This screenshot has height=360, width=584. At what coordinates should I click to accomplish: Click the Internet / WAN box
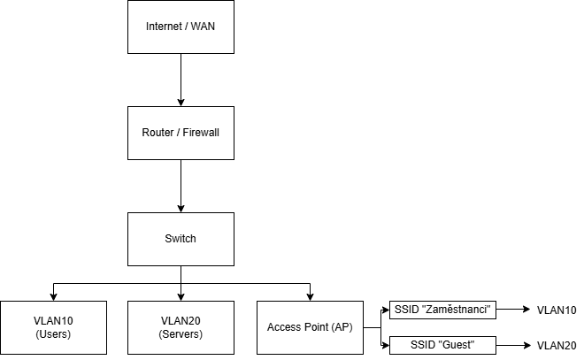coord(181,27)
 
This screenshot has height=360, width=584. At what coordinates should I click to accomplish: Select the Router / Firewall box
coord(181,133)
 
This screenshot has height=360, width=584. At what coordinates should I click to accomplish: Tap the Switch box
coord(181,239)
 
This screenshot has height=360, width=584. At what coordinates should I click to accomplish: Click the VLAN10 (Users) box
coord(53,327)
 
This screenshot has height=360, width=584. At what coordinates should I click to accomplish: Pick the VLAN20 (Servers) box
coord(181,327)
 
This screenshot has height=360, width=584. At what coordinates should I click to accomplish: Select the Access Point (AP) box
coord(310,327)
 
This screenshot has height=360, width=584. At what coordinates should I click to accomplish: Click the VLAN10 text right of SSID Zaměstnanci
coord(557,310)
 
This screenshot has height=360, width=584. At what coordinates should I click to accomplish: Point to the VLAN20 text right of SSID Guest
coord(557,346)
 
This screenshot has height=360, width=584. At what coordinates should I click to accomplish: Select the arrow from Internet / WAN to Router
coord(181,80)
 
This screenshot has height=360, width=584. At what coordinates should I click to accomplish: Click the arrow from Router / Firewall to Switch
coord(181,186)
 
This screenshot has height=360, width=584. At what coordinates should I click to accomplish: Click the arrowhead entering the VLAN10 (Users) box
coord(53,296)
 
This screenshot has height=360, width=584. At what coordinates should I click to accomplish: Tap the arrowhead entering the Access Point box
coord(310,296)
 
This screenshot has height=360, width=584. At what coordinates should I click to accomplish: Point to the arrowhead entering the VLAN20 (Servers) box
coord(181,296)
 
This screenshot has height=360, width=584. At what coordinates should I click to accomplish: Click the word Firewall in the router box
coord(200,133)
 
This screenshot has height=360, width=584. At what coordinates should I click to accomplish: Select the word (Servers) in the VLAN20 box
coord(181,334)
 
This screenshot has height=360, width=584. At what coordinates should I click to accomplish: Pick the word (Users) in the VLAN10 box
coord(53,334)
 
